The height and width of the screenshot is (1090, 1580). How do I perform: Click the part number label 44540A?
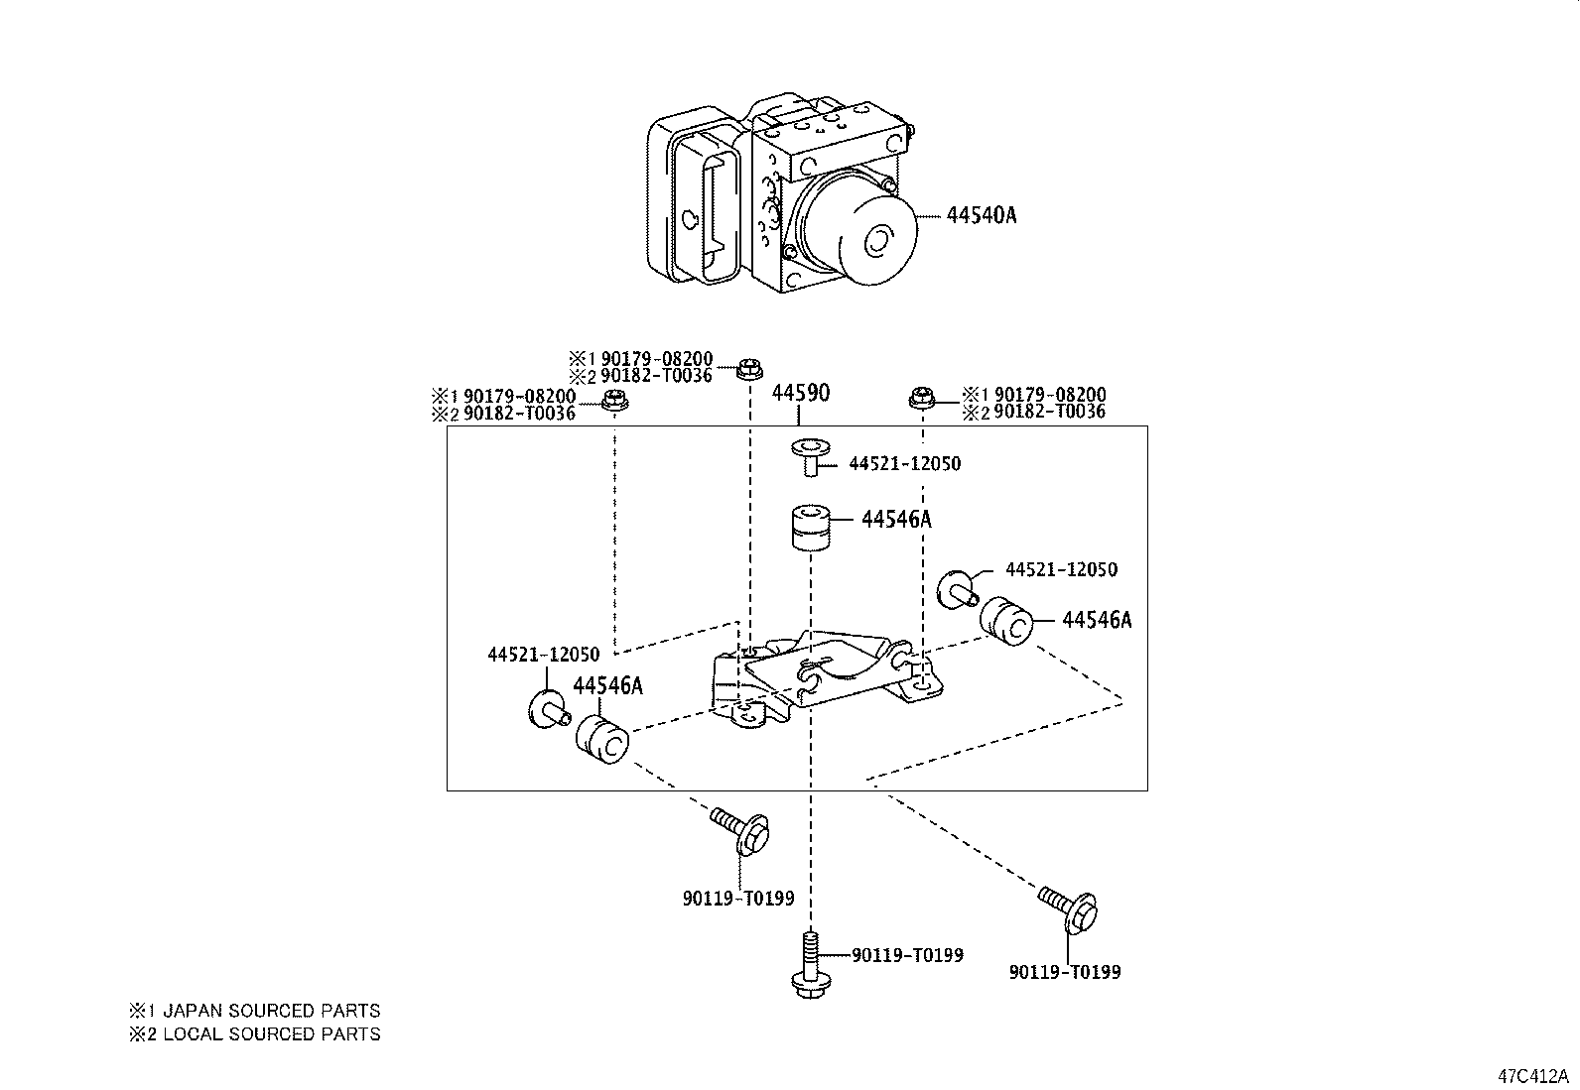[981, 214]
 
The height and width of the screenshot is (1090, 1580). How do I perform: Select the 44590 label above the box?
[800, 393]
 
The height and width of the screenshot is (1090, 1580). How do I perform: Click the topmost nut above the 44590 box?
[748, 368]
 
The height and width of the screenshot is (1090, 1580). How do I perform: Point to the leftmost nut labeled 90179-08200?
[615, 401]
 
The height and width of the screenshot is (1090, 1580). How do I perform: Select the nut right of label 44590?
[922, 398]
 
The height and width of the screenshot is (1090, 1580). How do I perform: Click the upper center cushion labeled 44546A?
[811, 529]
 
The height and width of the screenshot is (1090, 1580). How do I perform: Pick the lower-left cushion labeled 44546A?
[603, 741]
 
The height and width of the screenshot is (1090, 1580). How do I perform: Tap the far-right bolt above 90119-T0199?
[1069, 908]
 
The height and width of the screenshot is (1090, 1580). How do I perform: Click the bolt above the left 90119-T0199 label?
[742, 831]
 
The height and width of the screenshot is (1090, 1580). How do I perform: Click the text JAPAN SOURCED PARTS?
[271, 1012]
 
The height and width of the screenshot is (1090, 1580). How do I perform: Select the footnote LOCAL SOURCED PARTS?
[271, 1034]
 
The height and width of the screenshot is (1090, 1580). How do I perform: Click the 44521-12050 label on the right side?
[1061, 570]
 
